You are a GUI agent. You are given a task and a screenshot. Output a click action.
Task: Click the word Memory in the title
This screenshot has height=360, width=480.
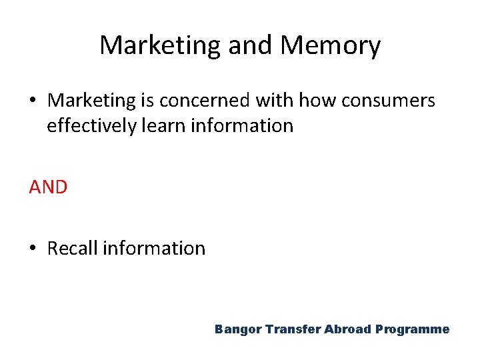tap(331, 46)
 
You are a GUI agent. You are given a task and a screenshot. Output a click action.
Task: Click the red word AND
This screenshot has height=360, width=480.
tap(48, 187)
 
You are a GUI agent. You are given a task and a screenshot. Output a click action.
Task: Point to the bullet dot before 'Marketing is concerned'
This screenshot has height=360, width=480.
tap(33, 101)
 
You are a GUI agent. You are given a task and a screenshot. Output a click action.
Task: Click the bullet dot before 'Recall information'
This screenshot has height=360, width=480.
tap(33, 249)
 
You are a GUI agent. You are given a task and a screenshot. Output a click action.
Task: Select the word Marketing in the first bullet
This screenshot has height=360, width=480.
tap(91, 101)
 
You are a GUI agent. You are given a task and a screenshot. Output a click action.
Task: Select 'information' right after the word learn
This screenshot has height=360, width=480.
tap(242, 125)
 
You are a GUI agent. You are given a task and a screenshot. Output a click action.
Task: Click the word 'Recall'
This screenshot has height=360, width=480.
tap(72, 249)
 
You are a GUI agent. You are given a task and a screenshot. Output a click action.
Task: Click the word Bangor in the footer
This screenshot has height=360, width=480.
tap(237, 329)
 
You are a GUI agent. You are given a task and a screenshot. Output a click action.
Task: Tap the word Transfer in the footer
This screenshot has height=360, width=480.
tap(293, 329)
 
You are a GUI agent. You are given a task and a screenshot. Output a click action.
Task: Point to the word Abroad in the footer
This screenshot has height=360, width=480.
tap(347, 329)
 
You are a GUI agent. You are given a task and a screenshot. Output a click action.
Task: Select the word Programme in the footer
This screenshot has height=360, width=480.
tap(413, 329)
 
